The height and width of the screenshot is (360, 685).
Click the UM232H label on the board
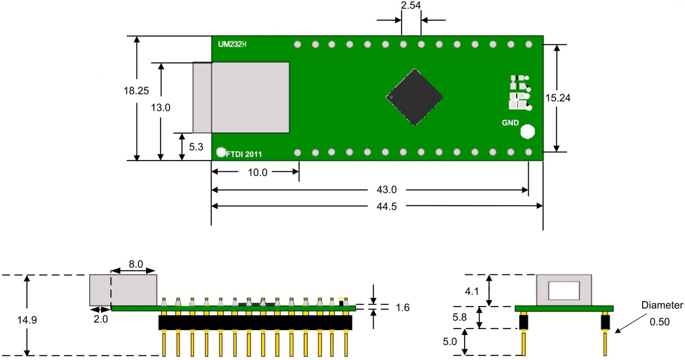click(x=232, y=44)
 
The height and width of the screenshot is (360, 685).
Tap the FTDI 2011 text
click(x=244, y=154)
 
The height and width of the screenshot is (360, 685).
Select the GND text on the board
click(x=510, y=123)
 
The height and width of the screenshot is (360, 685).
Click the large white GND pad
click(x=527, y=131)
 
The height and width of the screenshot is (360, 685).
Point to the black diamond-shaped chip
click(x=414, y=97)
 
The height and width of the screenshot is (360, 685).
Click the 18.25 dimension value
click(x=136, y=91)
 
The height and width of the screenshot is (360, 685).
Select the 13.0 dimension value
click(x=161, y=107)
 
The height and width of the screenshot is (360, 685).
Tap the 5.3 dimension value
click(x=196, y=147)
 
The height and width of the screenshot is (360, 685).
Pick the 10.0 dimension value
click(x=257, y=173)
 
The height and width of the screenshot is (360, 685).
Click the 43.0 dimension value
click(x=387, y=190)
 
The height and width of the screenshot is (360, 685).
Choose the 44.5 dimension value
click(x=387, y=206)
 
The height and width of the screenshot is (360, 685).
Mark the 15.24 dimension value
click(x=558, y=98)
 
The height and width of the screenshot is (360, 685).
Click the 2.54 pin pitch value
click(x=411, y=6)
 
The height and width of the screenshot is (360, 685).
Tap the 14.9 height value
click(x=27, y=320)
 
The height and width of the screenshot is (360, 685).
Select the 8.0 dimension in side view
click(x=136, y=264)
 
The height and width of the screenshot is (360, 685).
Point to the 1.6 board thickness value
click(x=402, y=307)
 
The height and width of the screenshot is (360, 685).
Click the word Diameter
click(x=662, y=305)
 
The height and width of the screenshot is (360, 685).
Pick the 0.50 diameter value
click(x=659, y=322)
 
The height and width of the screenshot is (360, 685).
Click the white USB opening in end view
click(x=564, y=290)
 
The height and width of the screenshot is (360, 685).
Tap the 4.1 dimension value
click(x=472, y=292)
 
